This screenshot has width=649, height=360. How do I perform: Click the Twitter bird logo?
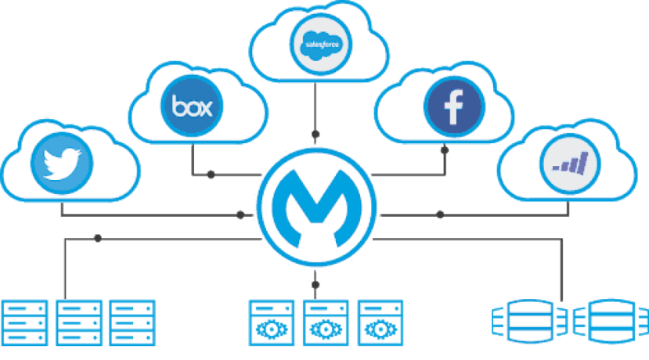pyautogui.click(x=62, y=164)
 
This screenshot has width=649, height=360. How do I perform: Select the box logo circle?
pyautogui.click(x=192, y=106)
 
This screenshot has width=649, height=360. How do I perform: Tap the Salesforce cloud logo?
pyautogui.click(x=321, y=45)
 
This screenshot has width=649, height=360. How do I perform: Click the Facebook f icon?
pyautogui.click(x=454, y=106)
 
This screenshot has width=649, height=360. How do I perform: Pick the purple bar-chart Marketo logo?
pyautogui.click(x=571, y=164)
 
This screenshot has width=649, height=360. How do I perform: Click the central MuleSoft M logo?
pyautogui.click(x=316, y=207)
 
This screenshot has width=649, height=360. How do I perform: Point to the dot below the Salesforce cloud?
pyautogui.click(x=315, y=134)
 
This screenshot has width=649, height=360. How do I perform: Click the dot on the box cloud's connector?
pyautogui.click(x=211, y=175)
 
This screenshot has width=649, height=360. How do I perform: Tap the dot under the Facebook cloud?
pyautogui.click(x=445, y=149)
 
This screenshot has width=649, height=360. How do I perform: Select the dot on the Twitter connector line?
pyautogui.click(x=240, y=214)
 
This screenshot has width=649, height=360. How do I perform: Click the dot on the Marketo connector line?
pyautogui.click(x=440, y=214)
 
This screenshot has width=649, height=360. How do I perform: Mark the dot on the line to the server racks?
pyautogui.click(x=98, y=239)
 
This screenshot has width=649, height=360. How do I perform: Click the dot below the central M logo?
pyautogui.click(x=315, y=285)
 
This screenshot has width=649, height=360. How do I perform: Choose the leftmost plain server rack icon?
pyautogui.click(x=25, y=323)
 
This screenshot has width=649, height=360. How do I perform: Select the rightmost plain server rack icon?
pyautogui.click(x=132, y=323)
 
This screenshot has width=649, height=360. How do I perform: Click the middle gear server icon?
pyautogui.click(x=326, y=323)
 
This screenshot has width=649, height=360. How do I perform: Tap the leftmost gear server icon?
pyautogui.click(x=272, y=323)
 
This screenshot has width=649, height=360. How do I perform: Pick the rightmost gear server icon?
pyautogui.click(x=380, y=323)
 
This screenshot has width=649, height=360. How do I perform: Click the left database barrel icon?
pyautogui.click(x=530, y=321)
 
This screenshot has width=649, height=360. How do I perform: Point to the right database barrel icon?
pyautogui.click(x=611, y=321)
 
